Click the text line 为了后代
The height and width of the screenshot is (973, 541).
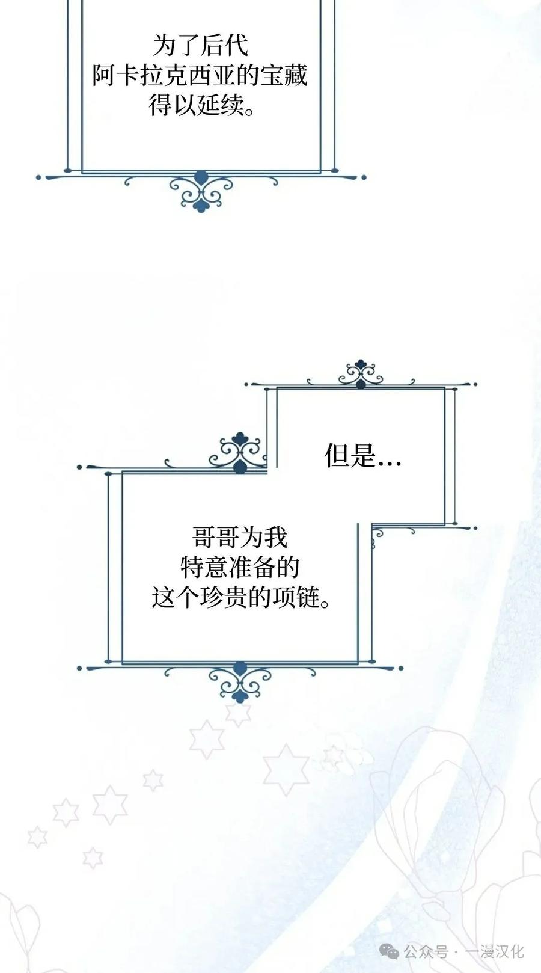pyautogui.click(x=201, y=46)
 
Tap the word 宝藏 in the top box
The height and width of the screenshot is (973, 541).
pyautogui.click(x=284, y=76)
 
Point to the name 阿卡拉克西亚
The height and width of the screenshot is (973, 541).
pyautogui.click(x=164, y=76)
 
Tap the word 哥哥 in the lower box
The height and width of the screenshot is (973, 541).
pyautogui.click(x=216, y=538)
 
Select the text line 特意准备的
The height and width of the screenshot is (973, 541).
pyautogui.click(x=240, y=567)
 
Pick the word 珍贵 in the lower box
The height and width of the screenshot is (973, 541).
pyautogui.click(x=224, y=597)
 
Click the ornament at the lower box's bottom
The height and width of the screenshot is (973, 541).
pyautogui.click(x=240, y=681)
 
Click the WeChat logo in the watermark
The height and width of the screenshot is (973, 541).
pyautogui.click(x=389, y=952)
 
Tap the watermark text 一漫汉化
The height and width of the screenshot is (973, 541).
pyautogui.click(x=495, y=952)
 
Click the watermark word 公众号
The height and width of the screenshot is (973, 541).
pyautogui.click(x=426, y=952)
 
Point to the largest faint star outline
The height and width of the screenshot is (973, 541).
pyautogui.click(x=286, y=769)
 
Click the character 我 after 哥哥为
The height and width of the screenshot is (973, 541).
pyautogui.click(x=276, y=538)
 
